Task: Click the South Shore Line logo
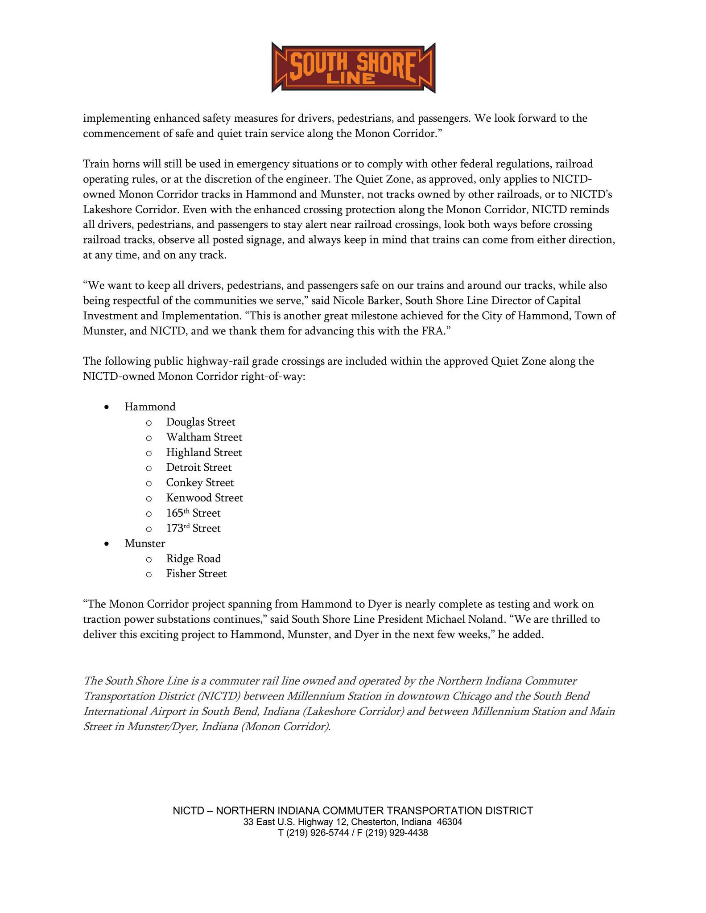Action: pyautogui.click(x=353, y=68)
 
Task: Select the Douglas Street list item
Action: pyautogui.click(x=200, y=422)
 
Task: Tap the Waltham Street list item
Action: pyautogui.click(x=204, y=437)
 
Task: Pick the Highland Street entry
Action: pyautogui.click(x=204, y=452)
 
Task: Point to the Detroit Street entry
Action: pyautogui.click(x=199, y=468)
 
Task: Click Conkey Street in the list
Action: pyautogui.click(x=200, y=483)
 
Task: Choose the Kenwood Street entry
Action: pyautogui.click(x=204, y=498)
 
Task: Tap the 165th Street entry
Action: pyautogui.click(x=193, y=513)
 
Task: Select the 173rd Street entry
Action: pyautogui.click(x=193, y=528)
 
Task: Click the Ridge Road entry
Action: pyautogui.click(x=193, y=559)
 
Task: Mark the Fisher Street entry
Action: pyautogui.click(x=196, y=574)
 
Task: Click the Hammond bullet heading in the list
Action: pyautogui.click(x=150, y=407)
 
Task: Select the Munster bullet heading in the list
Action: pyautogui.click(x=145, y=543)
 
